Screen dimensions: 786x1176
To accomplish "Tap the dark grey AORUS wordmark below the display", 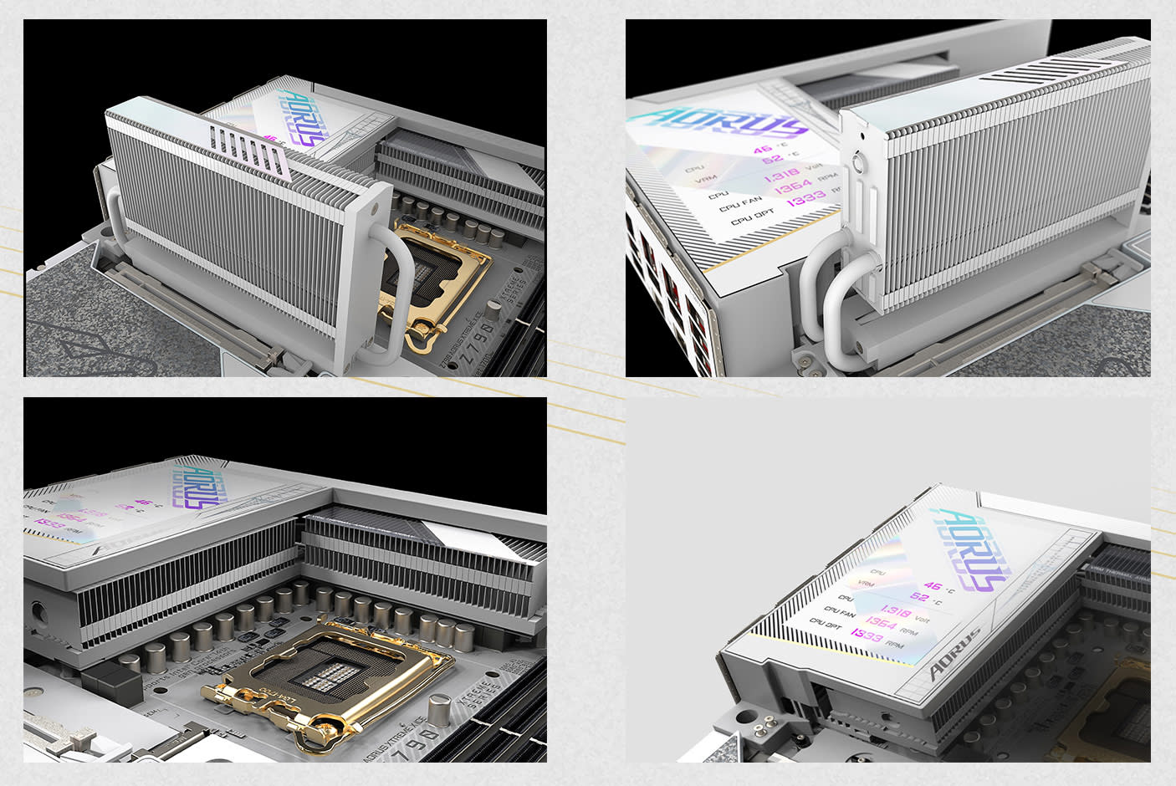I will click(954, 654).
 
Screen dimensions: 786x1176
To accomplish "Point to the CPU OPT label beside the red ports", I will click(752, 217).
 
